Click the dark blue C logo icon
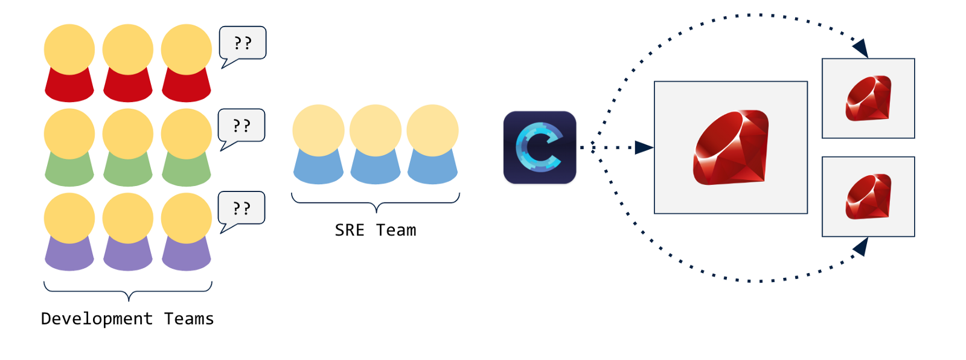pyautogui.click(x=540, y=147)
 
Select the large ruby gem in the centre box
pyautogui.click(x=731, y=147)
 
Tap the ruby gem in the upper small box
pyautogui.click(x=869, y=98)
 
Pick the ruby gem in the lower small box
pyautogui.click(x=869, y=197)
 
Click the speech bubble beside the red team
pyautogui.click(x=242, y=43)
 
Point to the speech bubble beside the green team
pyautogui.click(x=241, y=126)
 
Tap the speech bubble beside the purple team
pyautogui.click(x=241, y=208)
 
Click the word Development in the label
pyautogui.click(x=97, y=319)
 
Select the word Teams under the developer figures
pyautogui.click(x=189, y=319)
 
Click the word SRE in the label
pyautogui.click(x=350, y=230)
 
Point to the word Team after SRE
pyautogui.click(x=396, y=230)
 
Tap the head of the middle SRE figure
pyautogui.click(x=376, y=130)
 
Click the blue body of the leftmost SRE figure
pyautogui.click(x=318, y=168)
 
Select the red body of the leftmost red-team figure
pyautogui.click(x=69, y=86)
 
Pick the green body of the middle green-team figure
pyautogui.click(x=128, y=171)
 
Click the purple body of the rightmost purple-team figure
pyautogui.click(x=187, y=256)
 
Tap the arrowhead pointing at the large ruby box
pyautogui.click(x=644, y=147)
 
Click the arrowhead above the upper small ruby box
pyautogui.click(x=860, y=48)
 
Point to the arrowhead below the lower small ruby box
pyautogui.click(x=861, y=246)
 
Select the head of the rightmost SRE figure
pyautogui.click(x=432, y=130)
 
